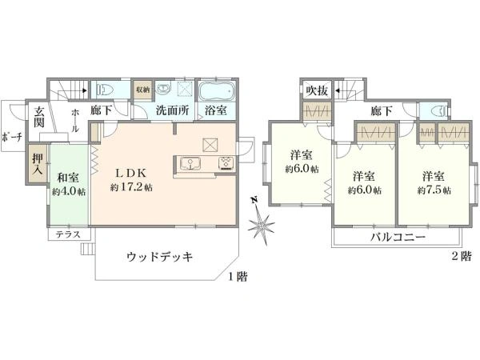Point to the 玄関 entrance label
pos(38,118)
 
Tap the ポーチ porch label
pos(11,138)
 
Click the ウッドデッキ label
pos(161,256)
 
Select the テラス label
pos(66,235)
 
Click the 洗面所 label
pos(171,111)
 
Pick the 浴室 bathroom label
pos(215,111)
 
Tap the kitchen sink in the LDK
pos(192,164)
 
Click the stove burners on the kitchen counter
pos(225,164)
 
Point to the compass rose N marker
pos(254,200)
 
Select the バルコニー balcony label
pos(397,238)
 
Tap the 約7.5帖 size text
pos(434,190)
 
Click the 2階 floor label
pos(460,257)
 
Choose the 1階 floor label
pos(236,277)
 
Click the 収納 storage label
pos(143,90)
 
